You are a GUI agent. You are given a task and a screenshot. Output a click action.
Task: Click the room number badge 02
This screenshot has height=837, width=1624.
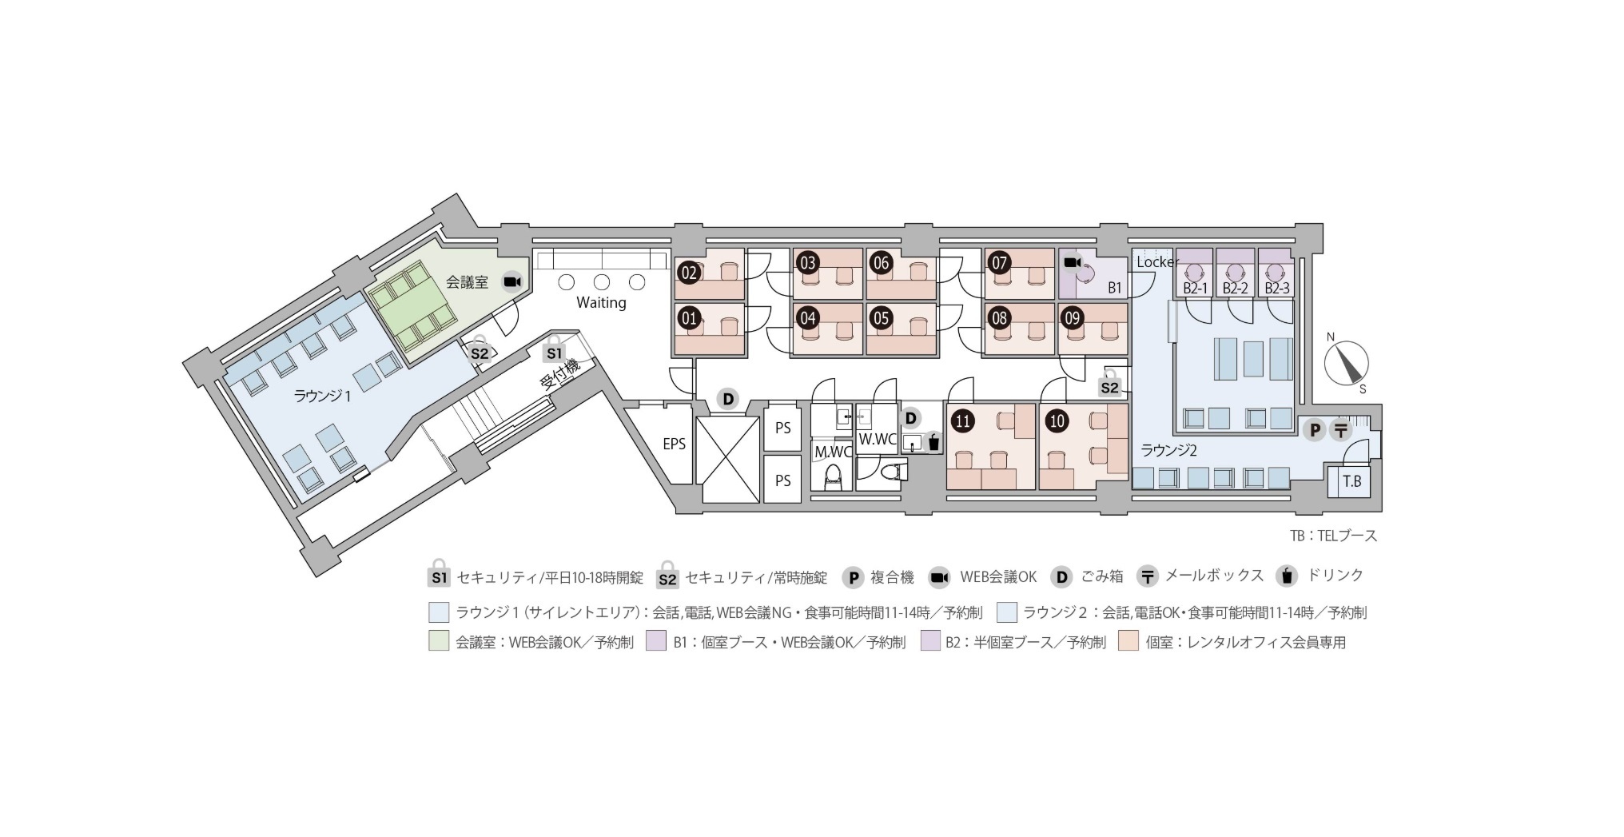[x=689, y=273]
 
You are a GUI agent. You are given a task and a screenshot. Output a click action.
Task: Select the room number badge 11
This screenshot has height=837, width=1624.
[x=963, y=420]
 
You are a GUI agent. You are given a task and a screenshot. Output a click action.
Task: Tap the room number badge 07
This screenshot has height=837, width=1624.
[x=999, y=262]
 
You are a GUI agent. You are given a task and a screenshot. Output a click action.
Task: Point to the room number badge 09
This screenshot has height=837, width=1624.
[x=1073, y=317]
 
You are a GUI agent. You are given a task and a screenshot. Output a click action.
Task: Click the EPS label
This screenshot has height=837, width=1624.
[x=674, y=444]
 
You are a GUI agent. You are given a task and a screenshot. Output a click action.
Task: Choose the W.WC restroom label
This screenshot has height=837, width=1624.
[x=877, y=439]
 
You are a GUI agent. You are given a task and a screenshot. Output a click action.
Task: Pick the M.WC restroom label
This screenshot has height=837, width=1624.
[x=832, y=452]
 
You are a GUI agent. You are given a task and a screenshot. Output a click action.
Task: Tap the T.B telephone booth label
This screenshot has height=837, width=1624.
[x=1351, y=481]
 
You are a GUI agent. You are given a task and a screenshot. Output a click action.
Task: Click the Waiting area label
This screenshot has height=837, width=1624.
[x=601, y=303]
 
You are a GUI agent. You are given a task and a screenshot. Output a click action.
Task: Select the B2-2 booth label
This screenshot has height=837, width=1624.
[x=1235, y=289]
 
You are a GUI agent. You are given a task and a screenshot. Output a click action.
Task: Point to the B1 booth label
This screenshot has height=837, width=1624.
[x=1115, y=288]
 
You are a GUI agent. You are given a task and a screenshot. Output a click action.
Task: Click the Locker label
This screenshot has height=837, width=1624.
[x=1157, y=262]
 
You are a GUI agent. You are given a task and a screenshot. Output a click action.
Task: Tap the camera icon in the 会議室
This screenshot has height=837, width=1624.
[x=512, y=281]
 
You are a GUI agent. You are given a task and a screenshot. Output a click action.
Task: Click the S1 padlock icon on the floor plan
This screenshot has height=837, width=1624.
[x=554, y=349]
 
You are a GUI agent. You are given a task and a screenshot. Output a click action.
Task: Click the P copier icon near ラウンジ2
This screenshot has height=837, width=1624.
[x=1313, y=431]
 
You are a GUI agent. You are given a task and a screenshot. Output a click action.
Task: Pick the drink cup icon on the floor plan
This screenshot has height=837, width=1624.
[x=933, y=441]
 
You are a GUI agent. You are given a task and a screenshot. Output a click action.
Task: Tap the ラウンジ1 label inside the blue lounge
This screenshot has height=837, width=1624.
[x=323, y=396]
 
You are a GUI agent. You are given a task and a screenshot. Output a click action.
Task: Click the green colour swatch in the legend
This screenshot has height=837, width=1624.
[x=439, y=641]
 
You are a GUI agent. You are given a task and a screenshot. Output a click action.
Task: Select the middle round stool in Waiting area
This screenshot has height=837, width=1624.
[x=602, y=282]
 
